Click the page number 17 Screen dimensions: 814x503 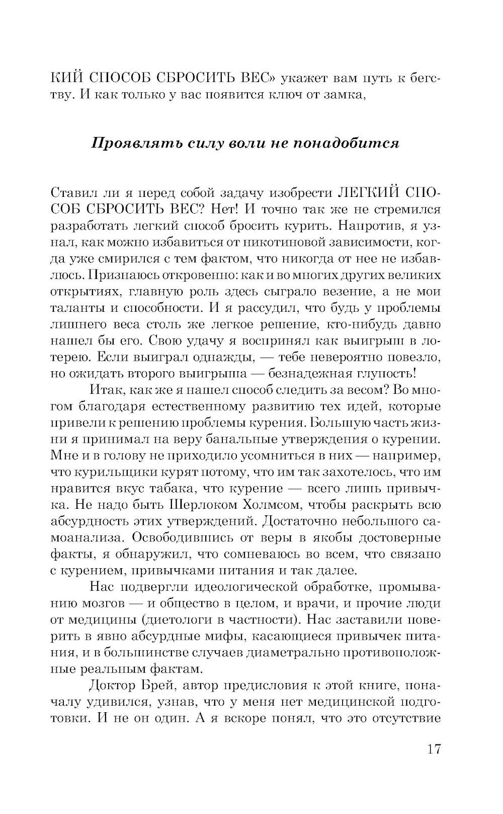[434, 749]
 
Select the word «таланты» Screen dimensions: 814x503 [79, 308]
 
